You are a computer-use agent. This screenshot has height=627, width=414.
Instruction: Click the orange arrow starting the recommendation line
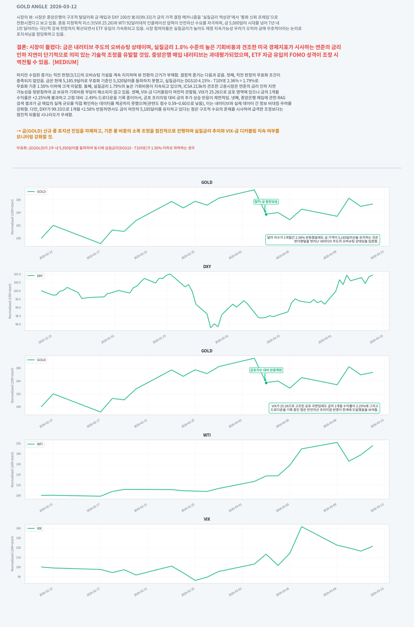click(19, 131)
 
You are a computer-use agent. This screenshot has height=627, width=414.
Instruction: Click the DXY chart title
click(207, 267)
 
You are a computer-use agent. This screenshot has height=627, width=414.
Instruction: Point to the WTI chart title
click(207, 435)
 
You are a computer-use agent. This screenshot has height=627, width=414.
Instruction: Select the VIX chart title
click(207, 519)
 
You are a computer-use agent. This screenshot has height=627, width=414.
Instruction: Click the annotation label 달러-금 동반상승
click(266, 202)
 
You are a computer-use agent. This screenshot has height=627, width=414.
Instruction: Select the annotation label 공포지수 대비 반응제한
click(266, 370)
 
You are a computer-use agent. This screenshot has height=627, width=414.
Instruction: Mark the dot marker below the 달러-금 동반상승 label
click(266, 214)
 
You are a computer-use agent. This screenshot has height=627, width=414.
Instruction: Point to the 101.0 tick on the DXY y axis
click(17, 274)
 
